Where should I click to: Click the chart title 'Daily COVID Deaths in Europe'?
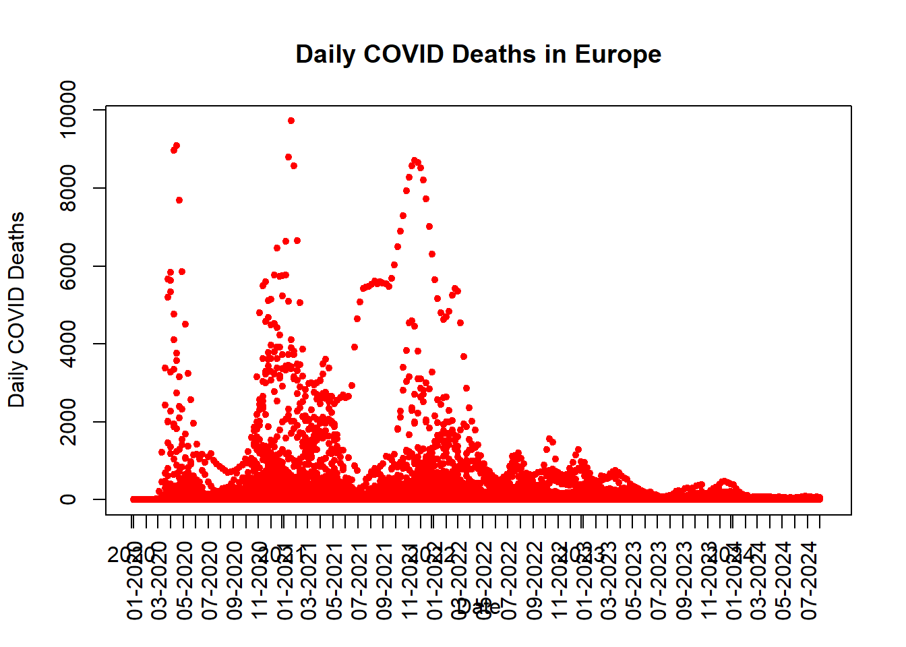coord(478,54)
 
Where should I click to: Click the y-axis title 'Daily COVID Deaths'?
coord(16,309)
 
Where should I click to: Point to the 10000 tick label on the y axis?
coord(68,109)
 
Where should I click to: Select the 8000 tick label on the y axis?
coord(68,188)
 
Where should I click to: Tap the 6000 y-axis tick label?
coord(68,266)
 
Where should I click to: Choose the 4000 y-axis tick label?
coord(68,344)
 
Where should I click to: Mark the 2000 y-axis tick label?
coord(68,422)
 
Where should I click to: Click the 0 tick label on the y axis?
coord(68,499)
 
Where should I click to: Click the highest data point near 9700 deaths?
coord(291,121)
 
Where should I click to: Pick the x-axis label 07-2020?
coord(210,580)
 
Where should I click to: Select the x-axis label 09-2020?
coord(235,580)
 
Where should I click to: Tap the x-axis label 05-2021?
coord(334,580)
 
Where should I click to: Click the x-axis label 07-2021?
coord(359,580)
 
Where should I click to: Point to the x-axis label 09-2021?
coord(384,580)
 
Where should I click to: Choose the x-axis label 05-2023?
coord(634,580)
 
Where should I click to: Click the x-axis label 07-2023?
coord(659,580)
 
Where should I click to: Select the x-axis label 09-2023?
coord(684,580)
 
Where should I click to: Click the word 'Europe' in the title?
coord(617,54)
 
